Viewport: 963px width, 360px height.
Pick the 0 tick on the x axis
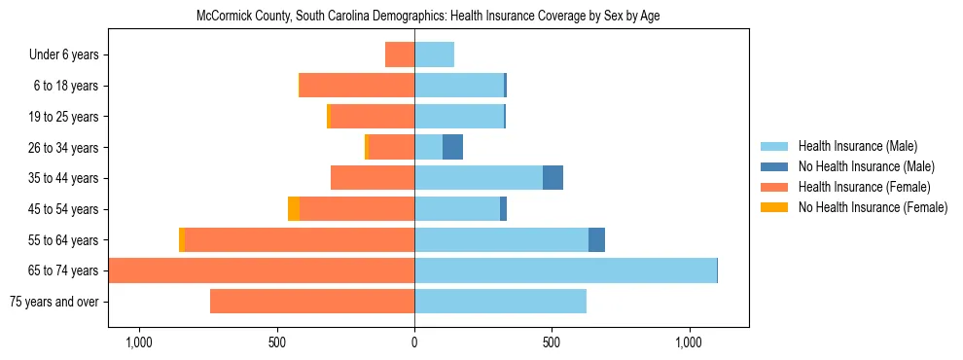click(x=414, y=342)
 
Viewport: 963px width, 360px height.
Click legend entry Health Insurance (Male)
click(x=856, y=146)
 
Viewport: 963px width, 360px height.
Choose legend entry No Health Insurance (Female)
click(x=873, y=207)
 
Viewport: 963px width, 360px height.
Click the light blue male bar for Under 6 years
click(x=434, y=54)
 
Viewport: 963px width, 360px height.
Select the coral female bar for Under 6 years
click(x=400, y=54)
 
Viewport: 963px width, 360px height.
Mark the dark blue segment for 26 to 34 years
click(x=452, y=147)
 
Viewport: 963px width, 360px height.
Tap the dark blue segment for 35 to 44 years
click(x=553, y=178)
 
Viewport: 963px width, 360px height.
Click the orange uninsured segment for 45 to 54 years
click(x=294, y=209)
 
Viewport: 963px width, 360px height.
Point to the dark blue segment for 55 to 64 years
click(x=596, y=239)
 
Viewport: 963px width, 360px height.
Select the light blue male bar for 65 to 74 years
click(x=565, y=270)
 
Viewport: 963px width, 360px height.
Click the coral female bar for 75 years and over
click(x=312, y=302)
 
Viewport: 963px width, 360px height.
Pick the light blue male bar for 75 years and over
click(x=500, y=302)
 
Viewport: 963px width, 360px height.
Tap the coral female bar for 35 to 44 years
click(x=373, y=178)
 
